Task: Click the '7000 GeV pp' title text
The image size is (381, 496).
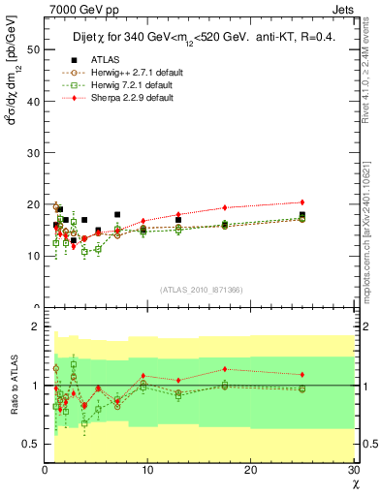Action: click(79, 9)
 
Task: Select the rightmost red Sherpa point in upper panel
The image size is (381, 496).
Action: click(302, 202)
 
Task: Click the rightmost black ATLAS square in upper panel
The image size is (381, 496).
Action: click(302, 215)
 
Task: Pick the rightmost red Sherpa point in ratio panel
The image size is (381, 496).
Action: click(302, 374)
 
